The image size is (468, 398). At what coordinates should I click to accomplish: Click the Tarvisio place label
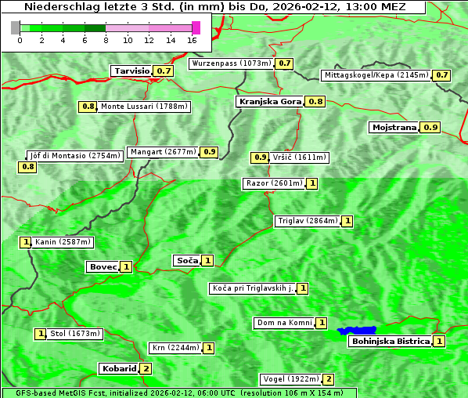pyautogui.click(x=131, y=71)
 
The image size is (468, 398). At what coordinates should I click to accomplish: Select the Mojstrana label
pyautogui.click(x=394, y=127)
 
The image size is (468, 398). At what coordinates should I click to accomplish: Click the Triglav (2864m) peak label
pyautogui.click(x=308, y=221)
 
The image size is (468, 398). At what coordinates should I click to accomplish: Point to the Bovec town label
pyautogui.click(x=103, y=267)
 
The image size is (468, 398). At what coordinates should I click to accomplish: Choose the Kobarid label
pyautogui.click(x=118, y=368)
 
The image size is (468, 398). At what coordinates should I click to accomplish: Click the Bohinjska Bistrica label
pyautogui.click(x=391, y=341)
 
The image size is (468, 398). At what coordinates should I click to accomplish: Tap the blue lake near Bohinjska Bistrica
pyautogui.click(x=357, y=331)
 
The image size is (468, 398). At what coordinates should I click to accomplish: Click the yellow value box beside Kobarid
pyautogui.click(x=146, y=368)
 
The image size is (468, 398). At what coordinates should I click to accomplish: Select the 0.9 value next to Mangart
pyautogui.click(x=209, y=152)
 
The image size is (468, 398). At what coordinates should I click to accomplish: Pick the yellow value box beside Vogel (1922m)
pyautogui.click(x=329, y=379)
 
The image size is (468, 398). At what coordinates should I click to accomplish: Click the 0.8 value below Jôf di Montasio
pyautogui.click(x=28, y=167)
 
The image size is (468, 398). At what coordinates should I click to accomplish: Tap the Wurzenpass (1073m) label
pyautogui.click(x=232, y=63)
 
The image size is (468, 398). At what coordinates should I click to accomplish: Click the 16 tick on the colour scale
pyautogui.click(x=193, y=39)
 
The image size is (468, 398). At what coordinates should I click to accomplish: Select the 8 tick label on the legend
pyautogui.click(x=106, y=39)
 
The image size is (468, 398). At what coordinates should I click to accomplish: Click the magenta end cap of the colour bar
pyautogui.click(x=196, y=27)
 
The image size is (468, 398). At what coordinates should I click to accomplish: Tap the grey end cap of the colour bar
pyautogui.click(x=16, y=27)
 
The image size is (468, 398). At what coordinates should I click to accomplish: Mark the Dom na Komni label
pyautogui.click(x=284, y=323)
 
